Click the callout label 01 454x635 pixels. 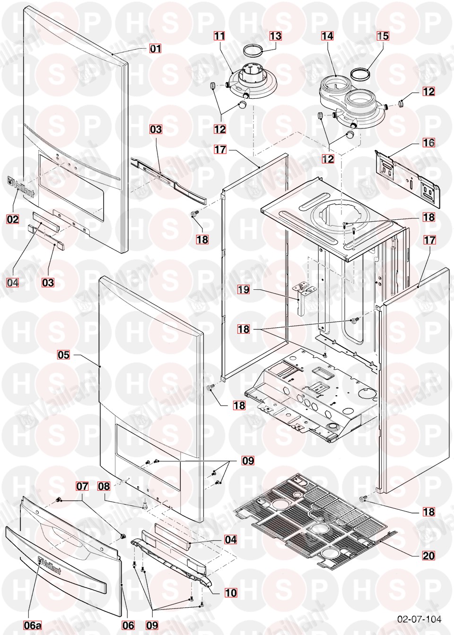tap(156, 49)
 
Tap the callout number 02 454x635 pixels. tap(12, 219)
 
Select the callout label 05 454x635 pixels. tap(63, 355)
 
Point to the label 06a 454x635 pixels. tap(33, 625)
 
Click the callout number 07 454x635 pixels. tap(82, 486)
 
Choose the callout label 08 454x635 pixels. tap(104, 486)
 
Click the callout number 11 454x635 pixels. tap(219, 36)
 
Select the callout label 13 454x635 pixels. tap(275, 36)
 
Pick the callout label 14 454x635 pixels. tap(327, 36)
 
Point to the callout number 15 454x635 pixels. tap(383, 36)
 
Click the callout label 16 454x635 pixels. tap(428, 143)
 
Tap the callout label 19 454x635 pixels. tap(244, 289)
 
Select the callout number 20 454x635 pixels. tap(428, 556)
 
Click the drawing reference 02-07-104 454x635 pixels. tap(419, 618)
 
